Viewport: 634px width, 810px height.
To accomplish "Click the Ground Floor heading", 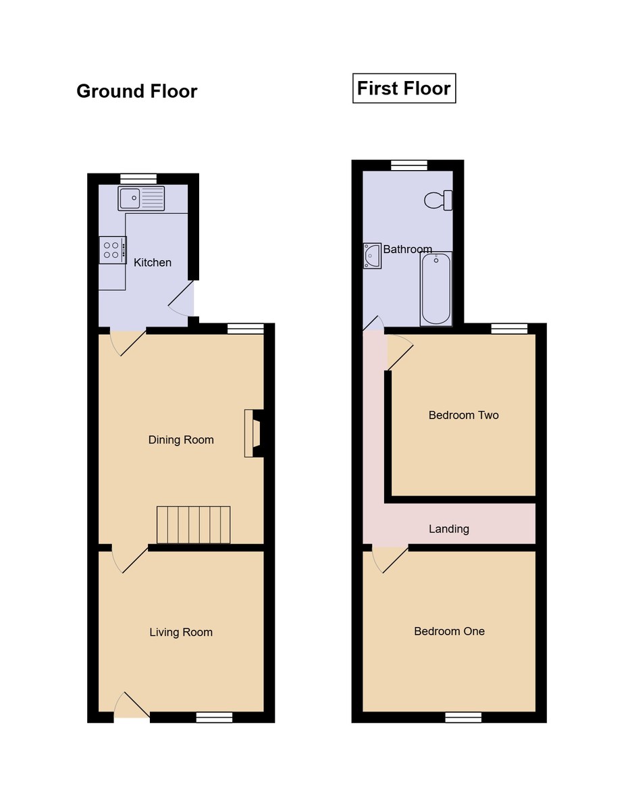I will coord(136,91).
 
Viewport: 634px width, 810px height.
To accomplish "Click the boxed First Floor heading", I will coord(404,88).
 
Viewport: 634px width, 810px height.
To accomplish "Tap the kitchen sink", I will coord(141,198).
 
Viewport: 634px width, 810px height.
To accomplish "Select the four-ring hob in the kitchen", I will coord(112,250).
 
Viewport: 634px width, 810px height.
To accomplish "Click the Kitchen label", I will coord(153,263).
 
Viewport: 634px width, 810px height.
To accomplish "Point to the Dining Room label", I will coord(181,440).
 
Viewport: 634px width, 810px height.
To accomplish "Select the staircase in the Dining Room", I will coord(194,524).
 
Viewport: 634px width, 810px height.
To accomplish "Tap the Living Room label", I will coord(181,632).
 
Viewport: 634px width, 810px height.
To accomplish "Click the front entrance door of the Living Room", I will coord(131,707).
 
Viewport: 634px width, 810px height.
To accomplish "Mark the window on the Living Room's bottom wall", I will coord(214,718).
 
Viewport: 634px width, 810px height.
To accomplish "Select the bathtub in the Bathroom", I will coord(436,288).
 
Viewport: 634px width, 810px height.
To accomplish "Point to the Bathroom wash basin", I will coord(372,256).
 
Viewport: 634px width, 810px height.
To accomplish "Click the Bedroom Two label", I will coord(464,415).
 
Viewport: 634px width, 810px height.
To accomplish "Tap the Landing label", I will coord(449,529).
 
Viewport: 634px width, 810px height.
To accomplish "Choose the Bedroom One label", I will coord(450,632).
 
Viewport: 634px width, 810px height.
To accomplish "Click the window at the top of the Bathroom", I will coord(409,165).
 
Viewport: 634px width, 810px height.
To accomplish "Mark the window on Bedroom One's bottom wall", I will coord(463,718).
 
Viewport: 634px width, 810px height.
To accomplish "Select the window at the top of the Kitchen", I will coord(138,179).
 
